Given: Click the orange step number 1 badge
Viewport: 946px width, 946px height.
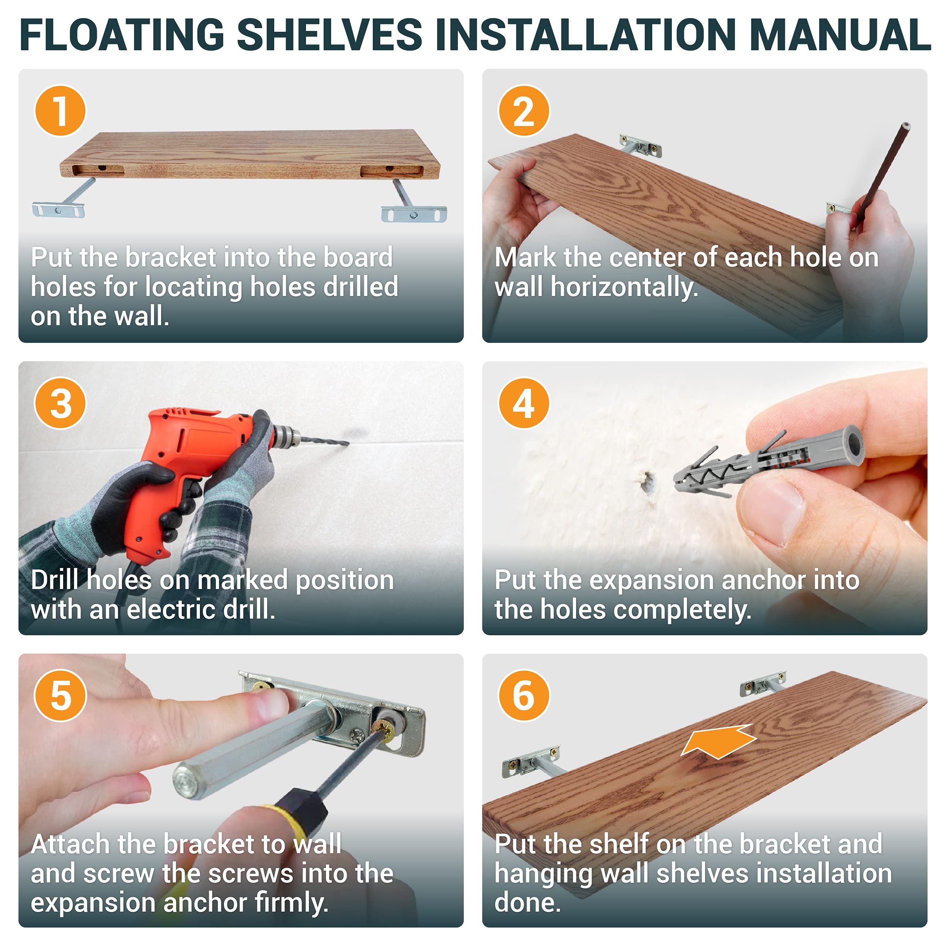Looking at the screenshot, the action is pyautogui.click(x=60, y=110).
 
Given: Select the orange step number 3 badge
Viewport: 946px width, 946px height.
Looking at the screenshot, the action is pyautogui.click(x=60, y=403).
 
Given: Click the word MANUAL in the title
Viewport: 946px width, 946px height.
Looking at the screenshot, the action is pyautogui.click(x=839, y=35).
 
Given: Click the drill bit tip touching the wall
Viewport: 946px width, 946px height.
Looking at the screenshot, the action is pyautogui.click(x=348, y=443).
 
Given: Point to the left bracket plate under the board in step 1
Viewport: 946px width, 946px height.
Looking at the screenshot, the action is pyautogui.click(x=58, y=210).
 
